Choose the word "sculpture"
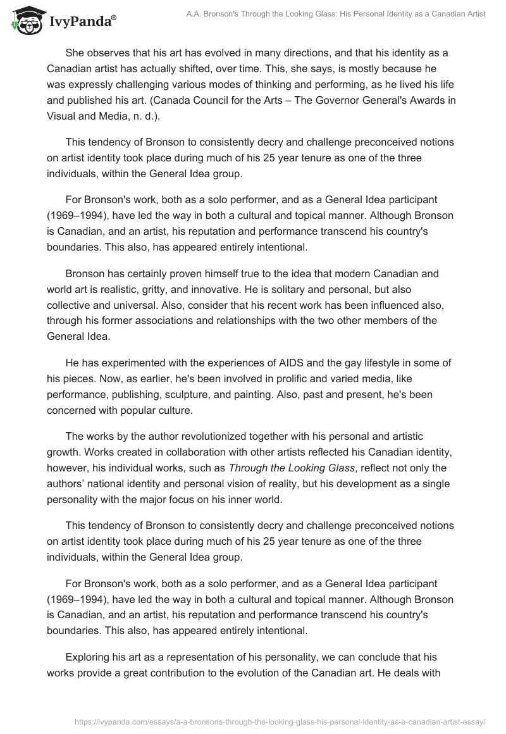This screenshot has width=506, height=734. click(229, 393)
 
